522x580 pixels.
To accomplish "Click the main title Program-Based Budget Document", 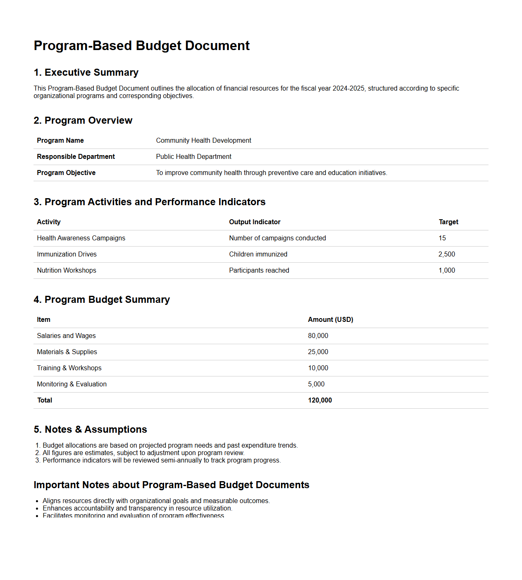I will [x=141, y=46].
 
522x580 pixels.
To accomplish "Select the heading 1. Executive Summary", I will [x=86, y=72].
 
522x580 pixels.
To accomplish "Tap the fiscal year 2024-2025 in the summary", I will [x=349, y=88].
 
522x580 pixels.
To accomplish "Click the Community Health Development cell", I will [x=203, y=141].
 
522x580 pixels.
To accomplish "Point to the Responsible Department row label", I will [x=76, y=157].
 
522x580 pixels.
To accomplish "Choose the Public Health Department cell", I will [x=193, y=157].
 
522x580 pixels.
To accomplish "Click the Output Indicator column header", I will [x=255, y=222].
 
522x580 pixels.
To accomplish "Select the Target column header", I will [x=448, y=222].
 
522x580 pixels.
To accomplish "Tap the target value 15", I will [x=442, y=238].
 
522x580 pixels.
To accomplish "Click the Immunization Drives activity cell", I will [x=67, y=254].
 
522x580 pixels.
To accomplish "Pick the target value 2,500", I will [x=446, y=254].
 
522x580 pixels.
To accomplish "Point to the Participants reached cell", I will [x=259, y=271].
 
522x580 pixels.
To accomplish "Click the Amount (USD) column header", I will [x=330, y=320].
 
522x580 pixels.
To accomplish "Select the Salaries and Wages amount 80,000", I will [x=318, y=336].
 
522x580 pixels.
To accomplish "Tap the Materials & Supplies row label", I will [x=67, y=352].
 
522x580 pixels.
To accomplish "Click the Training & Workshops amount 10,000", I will [x=318, y=368].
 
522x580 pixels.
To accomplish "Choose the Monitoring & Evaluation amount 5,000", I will [x=316, y=384].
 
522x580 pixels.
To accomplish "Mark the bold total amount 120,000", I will [x=320, y=400].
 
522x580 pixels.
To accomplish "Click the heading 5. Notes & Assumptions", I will [x=90, y=429].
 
